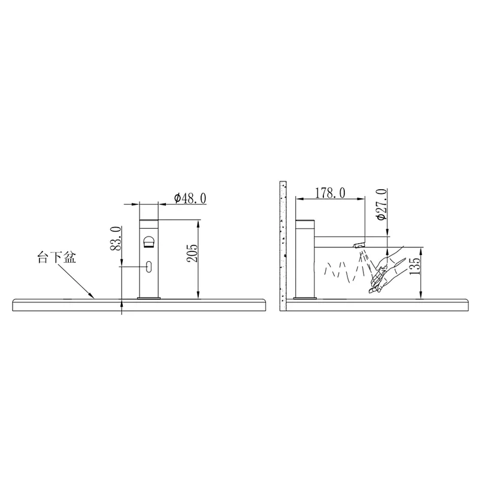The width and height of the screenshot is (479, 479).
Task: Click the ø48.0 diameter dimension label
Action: point(190,198)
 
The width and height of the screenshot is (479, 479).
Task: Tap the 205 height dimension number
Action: point(192,253)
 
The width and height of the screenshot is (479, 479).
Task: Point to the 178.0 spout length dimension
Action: point(331,193)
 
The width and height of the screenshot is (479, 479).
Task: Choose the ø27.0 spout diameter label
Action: point(382,204)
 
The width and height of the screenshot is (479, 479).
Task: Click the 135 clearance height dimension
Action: point(414,266)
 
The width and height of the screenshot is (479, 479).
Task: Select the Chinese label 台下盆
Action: point(57,257)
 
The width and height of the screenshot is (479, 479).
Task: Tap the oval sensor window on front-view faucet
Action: point(149,266)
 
